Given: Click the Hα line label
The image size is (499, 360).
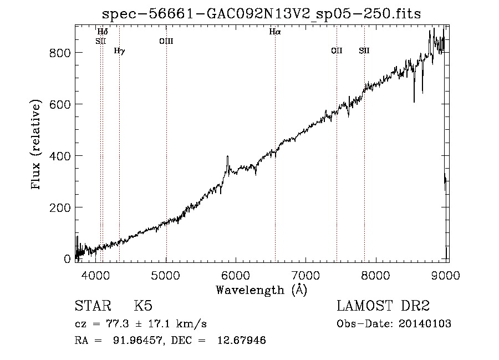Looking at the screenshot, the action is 275,32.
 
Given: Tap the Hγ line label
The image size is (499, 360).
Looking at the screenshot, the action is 119,51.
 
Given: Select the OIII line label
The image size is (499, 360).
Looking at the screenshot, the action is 166,41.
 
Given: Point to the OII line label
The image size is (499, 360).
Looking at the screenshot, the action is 337,50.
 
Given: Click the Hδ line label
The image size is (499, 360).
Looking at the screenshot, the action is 103,32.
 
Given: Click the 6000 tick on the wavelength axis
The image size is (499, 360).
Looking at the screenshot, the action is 236,275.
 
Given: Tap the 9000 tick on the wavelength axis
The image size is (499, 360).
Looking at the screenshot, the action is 446,275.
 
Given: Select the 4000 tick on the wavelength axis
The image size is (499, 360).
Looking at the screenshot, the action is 96,275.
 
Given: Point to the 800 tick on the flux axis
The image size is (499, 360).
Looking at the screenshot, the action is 60,53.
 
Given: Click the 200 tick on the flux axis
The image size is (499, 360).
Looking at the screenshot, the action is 60,207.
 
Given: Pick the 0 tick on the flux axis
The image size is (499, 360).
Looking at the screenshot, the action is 67,259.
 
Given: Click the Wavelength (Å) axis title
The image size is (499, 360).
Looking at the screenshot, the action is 262,290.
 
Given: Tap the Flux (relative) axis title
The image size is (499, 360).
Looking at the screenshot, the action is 35,145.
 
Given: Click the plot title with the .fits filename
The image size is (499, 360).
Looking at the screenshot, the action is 261,14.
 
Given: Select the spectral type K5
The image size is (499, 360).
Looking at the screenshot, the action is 143,306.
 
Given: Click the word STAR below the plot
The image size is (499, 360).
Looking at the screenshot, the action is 93,306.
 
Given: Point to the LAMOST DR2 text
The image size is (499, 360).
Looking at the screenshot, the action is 383,306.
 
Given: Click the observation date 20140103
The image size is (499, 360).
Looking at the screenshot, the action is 425,324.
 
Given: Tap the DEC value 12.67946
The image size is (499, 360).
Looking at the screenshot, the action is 242,340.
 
